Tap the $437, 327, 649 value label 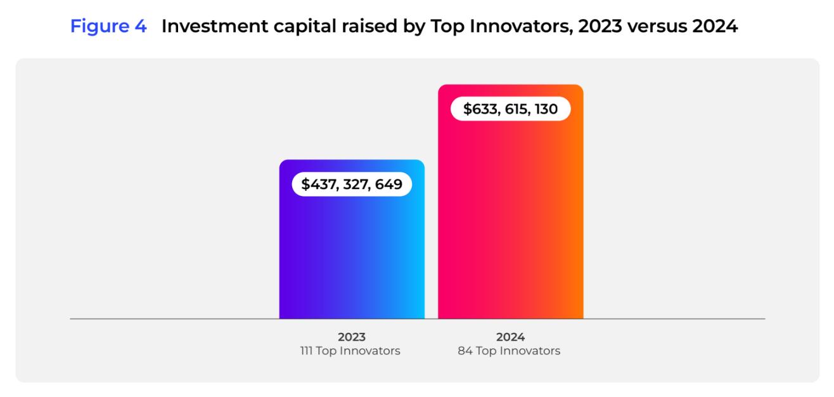[352, 184]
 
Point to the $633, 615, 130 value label [510, 108]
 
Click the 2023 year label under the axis [352, 337]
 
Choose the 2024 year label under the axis [510, 337]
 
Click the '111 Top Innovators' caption [350, 351]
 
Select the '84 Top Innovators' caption [509, 351]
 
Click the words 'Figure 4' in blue [108, 27]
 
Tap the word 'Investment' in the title [214, 26]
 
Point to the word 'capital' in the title [305, 27]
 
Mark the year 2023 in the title [600, 27]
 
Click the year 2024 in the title [715, 27]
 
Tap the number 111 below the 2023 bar [306, 351]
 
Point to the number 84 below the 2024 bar [465, 351]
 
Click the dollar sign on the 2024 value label [468, 108]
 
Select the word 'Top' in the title [447, 27]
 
